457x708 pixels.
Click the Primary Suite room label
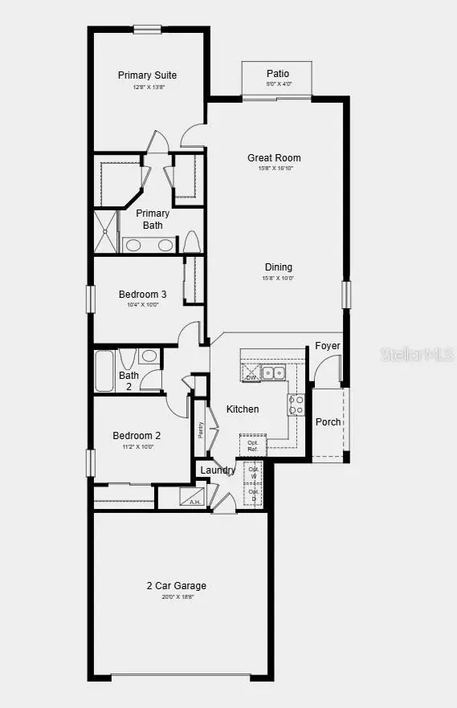click(147, 75)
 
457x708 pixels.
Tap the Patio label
click(278, 74)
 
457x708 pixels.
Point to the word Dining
click(279, 267)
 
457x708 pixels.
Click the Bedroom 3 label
click(142, 294)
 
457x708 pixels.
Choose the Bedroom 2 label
click(136, 436)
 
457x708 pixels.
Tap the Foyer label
click(327, 346)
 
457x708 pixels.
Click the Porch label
click(328, 422)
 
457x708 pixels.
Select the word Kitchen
click(243, 409)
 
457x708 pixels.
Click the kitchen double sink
click(275, 372)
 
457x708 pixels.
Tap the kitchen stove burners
click(296, 405)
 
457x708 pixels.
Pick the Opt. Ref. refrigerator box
click(252, 445)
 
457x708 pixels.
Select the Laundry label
click(218, 470)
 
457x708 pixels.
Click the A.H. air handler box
click(192, 498)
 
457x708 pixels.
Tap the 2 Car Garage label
click(176, 586)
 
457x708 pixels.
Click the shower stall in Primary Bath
click(107, 231)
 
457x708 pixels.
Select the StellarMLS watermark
click(410, 354)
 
